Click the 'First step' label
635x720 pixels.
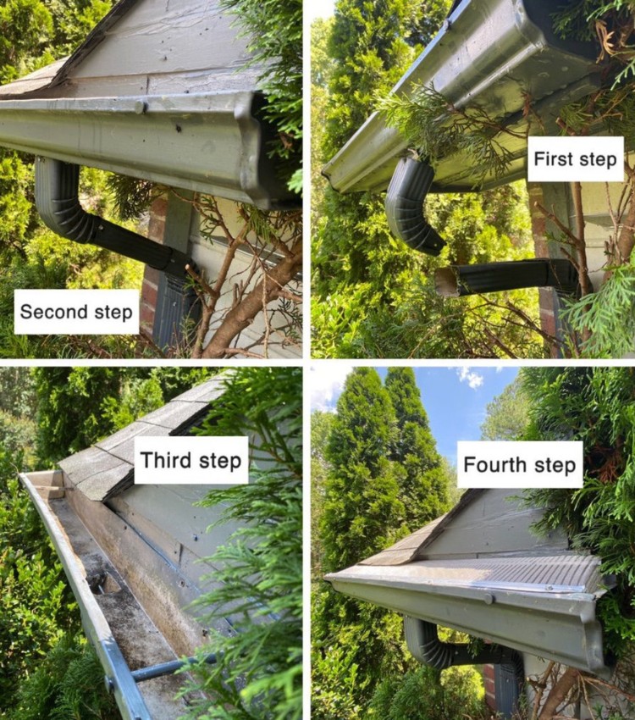575,158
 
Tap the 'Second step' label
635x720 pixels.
77,311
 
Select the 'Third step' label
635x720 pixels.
190,460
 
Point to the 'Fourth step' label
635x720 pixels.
521,463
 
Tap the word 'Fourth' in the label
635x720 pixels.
493,463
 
